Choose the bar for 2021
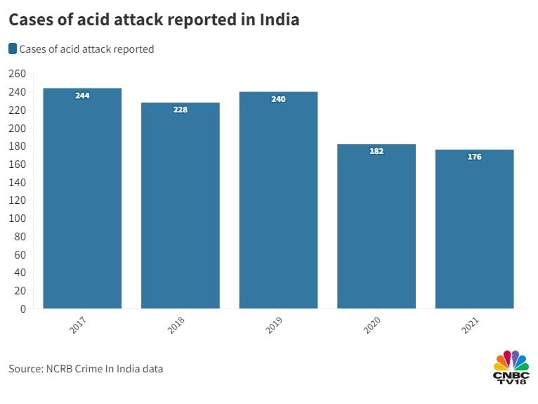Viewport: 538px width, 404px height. pos(475,229)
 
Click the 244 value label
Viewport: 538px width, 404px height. pos(82,96)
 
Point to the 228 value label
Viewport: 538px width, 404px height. pos(181,110)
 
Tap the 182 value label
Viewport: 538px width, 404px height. pos(376,151)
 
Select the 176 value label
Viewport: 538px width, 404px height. pos(475,157)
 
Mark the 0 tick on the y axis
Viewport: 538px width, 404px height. pos(23,308)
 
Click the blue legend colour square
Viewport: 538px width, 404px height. pos(13,48)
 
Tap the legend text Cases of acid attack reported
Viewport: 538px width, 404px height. pos(86,49)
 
